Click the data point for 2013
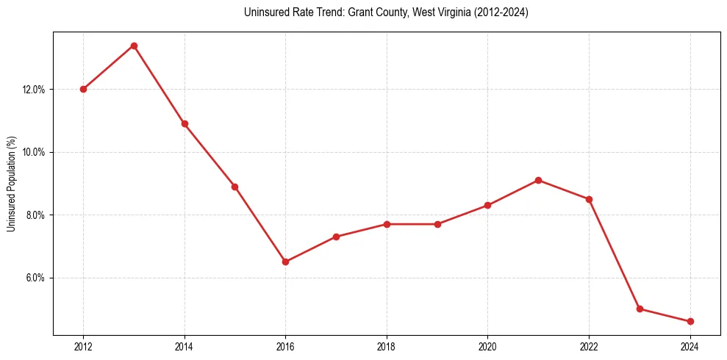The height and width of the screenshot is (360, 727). pyautogui.click(x=134, y=46)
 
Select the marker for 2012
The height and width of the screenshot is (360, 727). pyautogui.click(x=83, y=89)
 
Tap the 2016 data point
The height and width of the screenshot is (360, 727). pyautogui.click(x=285, y=262)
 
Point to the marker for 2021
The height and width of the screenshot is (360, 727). pyautogui.click(x=539, y=180)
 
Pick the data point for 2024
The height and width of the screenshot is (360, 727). pyautogui.click(x=690, y=321)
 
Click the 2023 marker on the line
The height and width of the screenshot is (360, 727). pyautogui.click(x=640, y=309)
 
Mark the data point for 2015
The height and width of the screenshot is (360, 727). pyautogui.click(x=234, y=187)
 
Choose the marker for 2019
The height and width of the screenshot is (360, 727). pyautogui.click(x=437, y=224)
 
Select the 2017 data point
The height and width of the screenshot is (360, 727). pyautogui.click(x=336, y=237)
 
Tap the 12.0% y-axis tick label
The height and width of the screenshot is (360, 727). pyautogui.click(x=34, y=90)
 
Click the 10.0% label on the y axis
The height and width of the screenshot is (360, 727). pyautogui.click(x=34, y=152)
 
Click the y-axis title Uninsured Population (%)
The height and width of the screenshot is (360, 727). pyautogui.click(x=11, y=183)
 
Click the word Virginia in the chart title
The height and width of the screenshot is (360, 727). pyautogui.click(x=455, y=12)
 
